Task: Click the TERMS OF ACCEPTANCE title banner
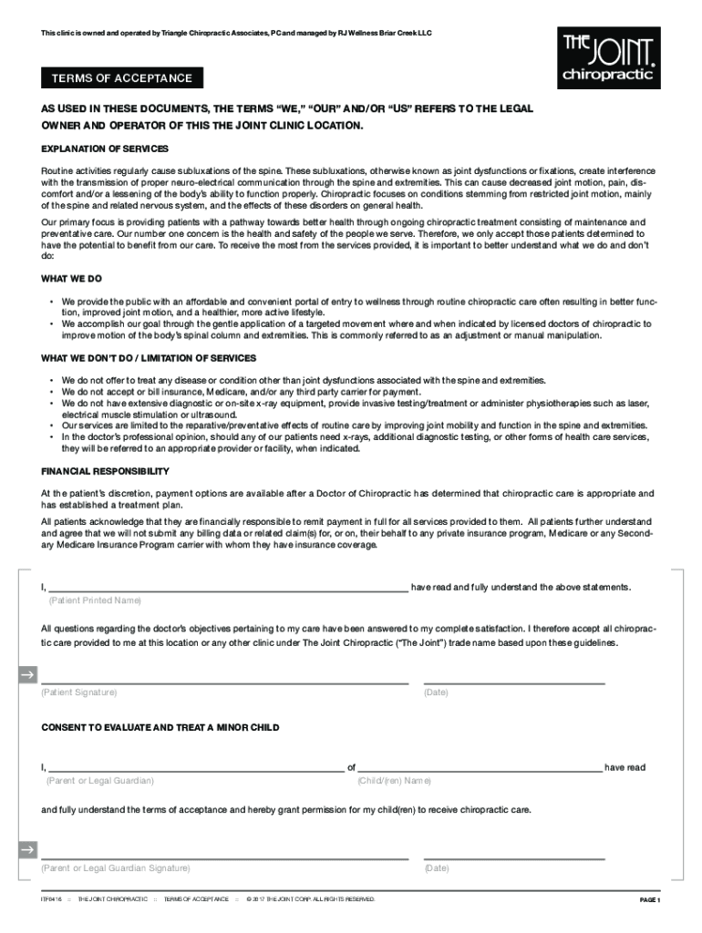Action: tap(121, 78)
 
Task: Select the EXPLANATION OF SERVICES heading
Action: tap(105, 149)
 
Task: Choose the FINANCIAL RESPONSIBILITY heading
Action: tap(105, 471)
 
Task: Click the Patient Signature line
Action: tap(224, 682)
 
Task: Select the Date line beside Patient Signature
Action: tap(514, 682)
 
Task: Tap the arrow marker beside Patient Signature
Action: tap(27, 675)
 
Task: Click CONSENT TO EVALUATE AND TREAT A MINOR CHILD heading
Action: tap(160, 728)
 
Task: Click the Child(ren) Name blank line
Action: tap(480, 770)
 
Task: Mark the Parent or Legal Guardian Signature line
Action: tap(224, 856)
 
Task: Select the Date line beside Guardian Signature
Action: tap(514, 856)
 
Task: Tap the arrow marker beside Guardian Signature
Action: tap(27, 850)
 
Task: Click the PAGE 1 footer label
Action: tap(649, 900)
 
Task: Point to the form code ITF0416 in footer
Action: tap(51, 899)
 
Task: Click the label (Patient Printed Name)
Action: tap(95, 601)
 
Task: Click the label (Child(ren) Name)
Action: tap(394, 781)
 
